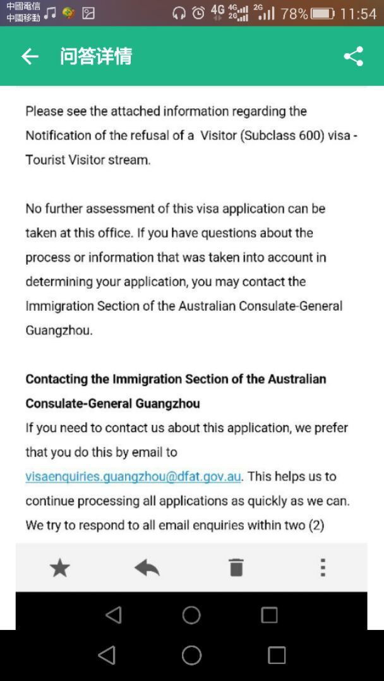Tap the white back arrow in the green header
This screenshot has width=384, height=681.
[x=30, y=57]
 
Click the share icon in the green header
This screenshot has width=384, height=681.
[x=354, y=56]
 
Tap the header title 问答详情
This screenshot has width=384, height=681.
[x=96, y=56]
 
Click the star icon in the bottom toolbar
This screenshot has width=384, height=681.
[x=60, y=568]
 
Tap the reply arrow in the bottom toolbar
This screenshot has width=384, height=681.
[x=147, y=568]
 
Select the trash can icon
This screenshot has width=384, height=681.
[x=236, y=567]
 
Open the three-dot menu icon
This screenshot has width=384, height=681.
[x=323, y=567]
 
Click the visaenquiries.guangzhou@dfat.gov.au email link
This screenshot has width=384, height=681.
[x=133, y=476]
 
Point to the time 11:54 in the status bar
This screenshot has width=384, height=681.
[x=357, y=13]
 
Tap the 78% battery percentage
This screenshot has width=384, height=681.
[x=294, y=13]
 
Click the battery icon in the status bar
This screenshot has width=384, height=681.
[x=322, y=13]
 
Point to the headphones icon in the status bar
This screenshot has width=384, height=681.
[x=179, y=13]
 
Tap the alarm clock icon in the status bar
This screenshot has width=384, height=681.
[x=198, y=13]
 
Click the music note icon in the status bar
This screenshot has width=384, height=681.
[x=50, y=13]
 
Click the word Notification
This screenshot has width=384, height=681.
[x=57, y=136]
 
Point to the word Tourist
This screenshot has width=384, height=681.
[x=45, y=160]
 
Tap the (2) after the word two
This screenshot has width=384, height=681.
[x=316, y=525]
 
